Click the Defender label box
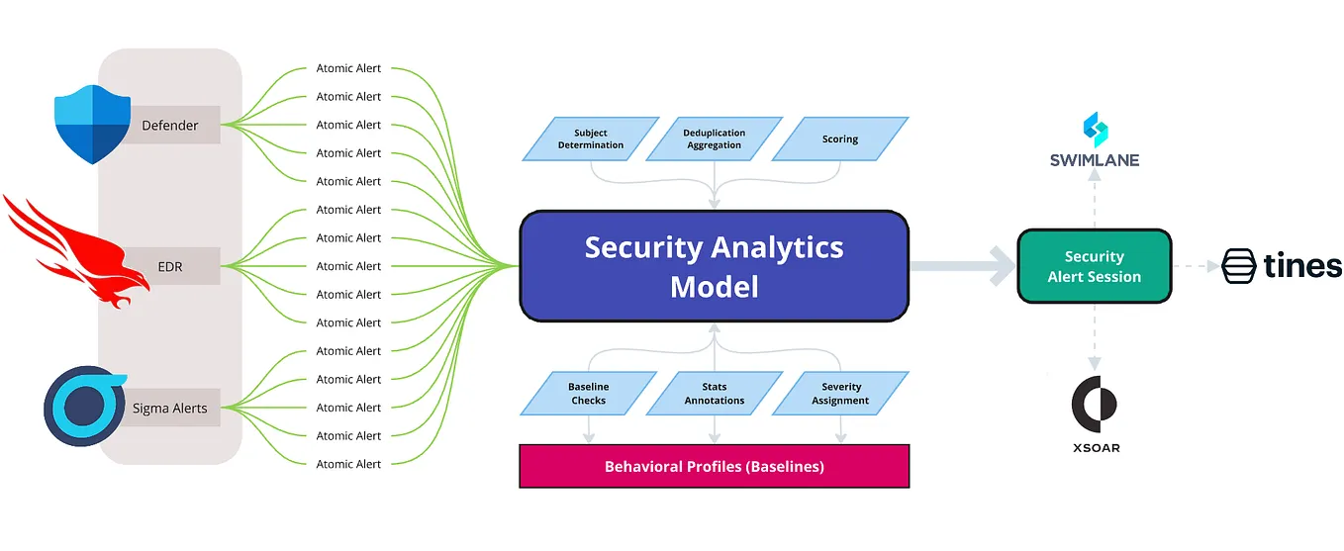170,126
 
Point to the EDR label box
170,266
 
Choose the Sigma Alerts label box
170,408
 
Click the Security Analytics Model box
714,266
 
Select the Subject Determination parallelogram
591,139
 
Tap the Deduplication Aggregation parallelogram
714,139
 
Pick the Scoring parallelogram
839,139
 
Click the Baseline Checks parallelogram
589,394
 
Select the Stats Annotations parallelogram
714,394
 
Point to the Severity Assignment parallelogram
840,394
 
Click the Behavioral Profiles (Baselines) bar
714,466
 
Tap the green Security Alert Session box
1094,266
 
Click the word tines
1301,266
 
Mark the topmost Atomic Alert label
348,68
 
